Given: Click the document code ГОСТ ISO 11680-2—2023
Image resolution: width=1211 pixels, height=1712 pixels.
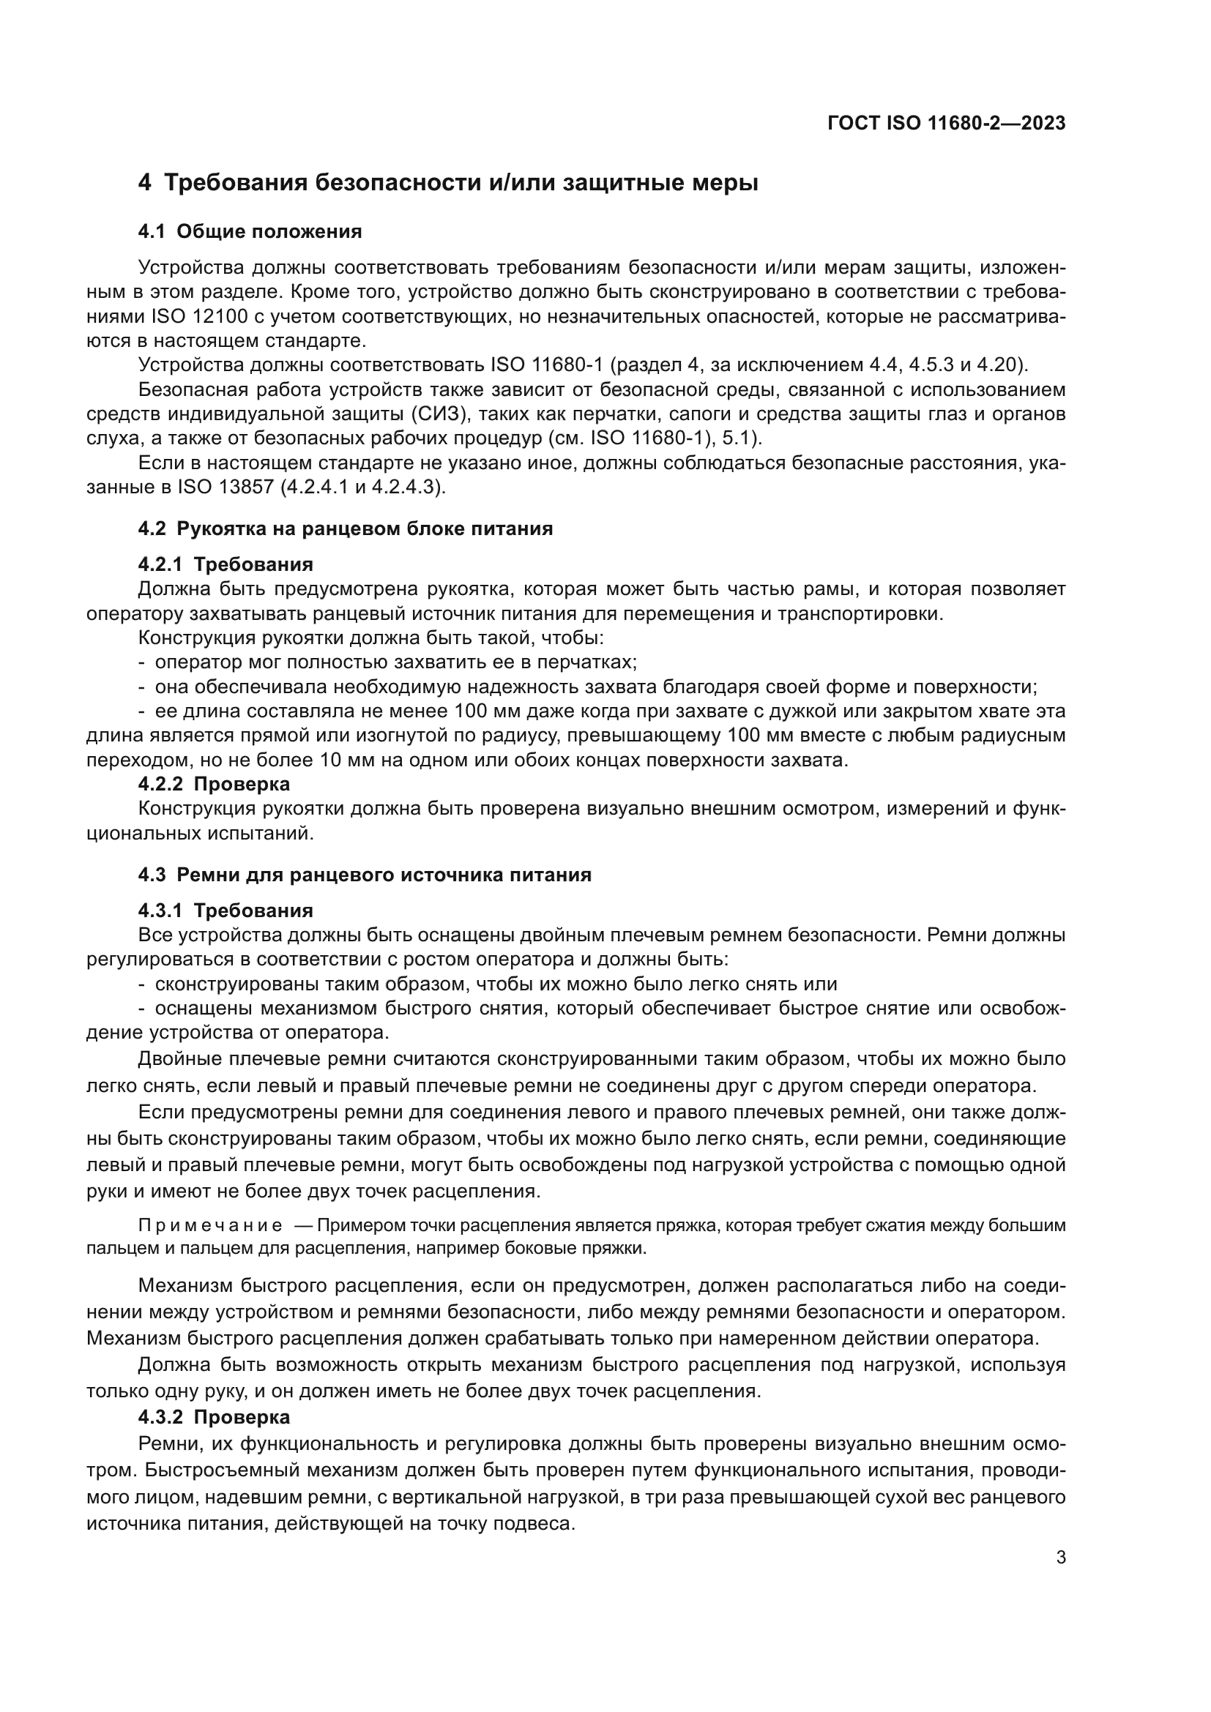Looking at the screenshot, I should pyautogui.click(x=946, y=123).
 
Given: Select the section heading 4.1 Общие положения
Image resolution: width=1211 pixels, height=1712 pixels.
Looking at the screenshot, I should pyautogui.click(x=250, y=232).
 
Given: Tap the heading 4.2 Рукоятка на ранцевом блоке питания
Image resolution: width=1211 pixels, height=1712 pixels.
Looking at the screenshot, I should pyautogui.click(x=346, y=528).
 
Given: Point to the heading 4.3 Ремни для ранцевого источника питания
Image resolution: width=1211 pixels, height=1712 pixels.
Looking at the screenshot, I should pyautogui.click(x=365, y=875).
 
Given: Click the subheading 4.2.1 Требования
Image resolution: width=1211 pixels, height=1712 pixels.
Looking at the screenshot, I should pyautogui.click(x=226, y=564).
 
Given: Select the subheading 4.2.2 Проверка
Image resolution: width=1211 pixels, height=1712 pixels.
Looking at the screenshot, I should pyautogui.click(x=214, y=784).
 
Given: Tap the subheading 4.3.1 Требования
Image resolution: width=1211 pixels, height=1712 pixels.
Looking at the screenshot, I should pyautogui.click(x=226, y=910).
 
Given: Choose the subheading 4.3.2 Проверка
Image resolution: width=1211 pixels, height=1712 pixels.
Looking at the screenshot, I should pyautogui.click(x=214, y=1416).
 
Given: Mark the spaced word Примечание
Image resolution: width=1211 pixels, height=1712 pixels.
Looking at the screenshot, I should pyautogui.click(x=210, y=1225).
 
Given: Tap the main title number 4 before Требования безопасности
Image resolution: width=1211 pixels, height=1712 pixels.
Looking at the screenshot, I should pyautogui.click(x=145, y=184).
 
